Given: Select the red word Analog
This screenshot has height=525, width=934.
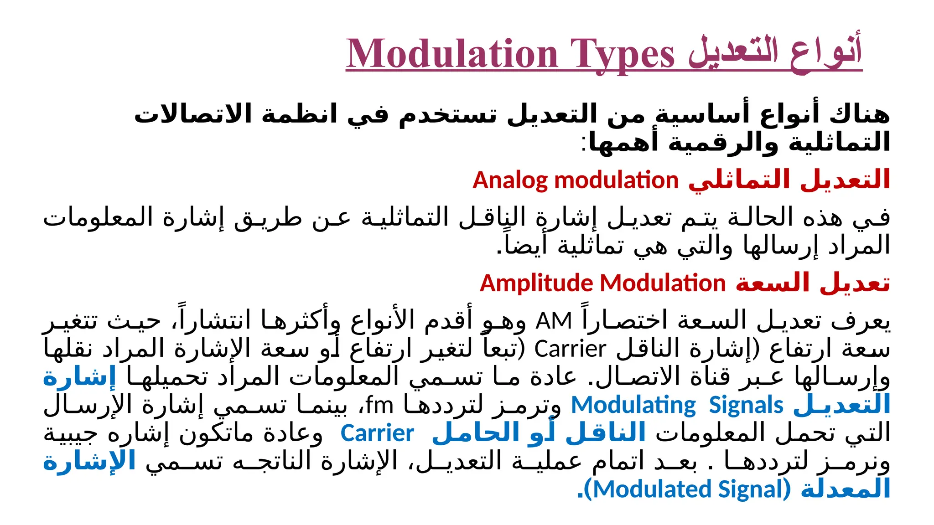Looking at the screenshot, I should click(x=510, y=180).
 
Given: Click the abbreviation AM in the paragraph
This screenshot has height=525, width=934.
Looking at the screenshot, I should click(x=554, y=321).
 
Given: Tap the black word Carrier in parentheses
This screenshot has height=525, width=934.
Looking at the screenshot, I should click(x=570, y=350).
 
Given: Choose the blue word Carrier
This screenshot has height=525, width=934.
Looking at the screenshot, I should click(x=377, y=433).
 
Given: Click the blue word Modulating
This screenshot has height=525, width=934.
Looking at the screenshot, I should click(x=633, y=405).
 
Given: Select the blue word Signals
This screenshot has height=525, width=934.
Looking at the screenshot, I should click(x=746, y=405).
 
